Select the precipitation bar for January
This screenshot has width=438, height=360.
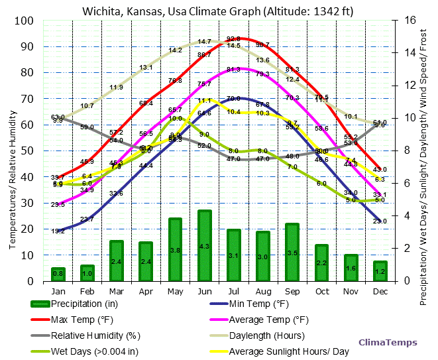[x=58, y=274]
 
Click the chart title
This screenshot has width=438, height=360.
[x=218, y=11]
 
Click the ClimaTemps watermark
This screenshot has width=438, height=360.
[x=388, y=342]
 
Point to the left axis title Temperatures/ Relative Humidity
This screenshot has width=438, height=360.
[x=13, y=150]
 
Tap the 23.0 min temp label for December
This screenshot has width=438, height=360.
[x=380, y=221]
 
